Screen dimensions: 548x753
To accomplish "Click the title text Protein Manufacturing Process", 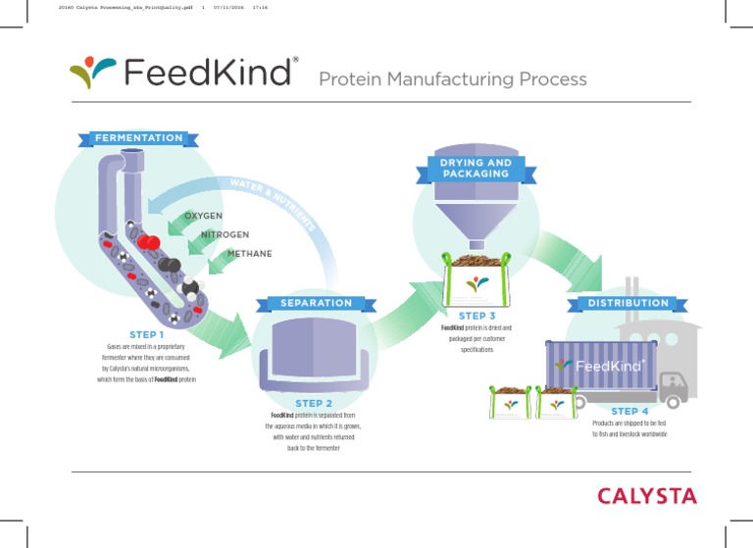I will (452, 79).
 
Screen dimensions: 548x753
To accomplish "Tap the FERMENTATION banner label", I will (138, 138).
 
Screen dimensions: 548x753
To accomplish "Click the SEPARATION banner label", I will (316, 303).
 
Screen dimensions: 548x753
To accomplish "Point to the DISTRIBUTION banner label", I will (628, 303).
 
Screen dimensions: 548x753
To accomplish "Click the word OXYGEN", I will (203, 216).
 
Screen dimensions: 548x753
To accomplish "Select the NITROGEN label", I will (225, 235).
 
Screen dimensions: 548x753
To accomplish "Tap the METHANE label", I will (249, 254).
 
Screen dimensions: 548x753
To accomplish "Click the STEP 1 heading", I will (146, 335).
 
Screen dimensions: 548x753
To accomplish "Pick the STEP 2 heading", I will (314, 403).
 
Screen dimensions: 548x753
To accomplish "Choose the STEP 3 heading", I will (477, 316).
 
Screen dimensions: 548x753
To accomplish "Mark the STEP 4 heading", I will (629, 412).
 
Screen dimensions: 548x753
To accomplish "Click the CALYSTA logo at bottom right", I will (648, 496).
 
